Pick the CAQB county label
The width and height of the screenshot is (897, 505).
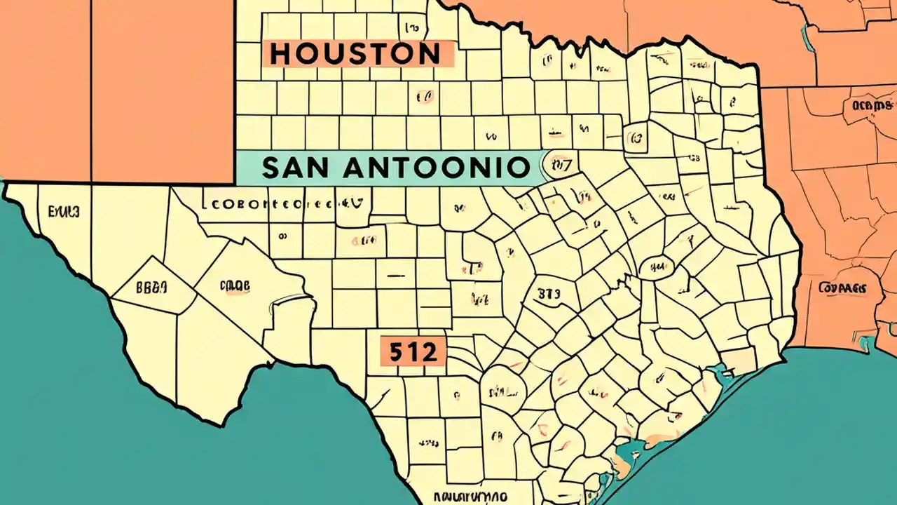pos(235,286)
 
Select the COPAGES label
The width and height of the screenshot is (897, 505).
pos(840,288)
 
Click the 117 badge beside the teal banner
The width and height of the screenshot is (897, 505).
pos(561,166)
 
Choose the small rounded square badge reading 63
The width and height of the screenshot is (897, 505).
pos(636,137)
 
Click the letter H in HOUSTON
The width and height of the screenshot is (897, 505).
pos(280,54)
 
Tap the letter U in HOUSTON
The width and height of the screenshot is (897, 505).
pos(330,54)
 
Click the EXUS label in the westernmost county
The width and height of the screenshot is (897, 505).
pos(64,210)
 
